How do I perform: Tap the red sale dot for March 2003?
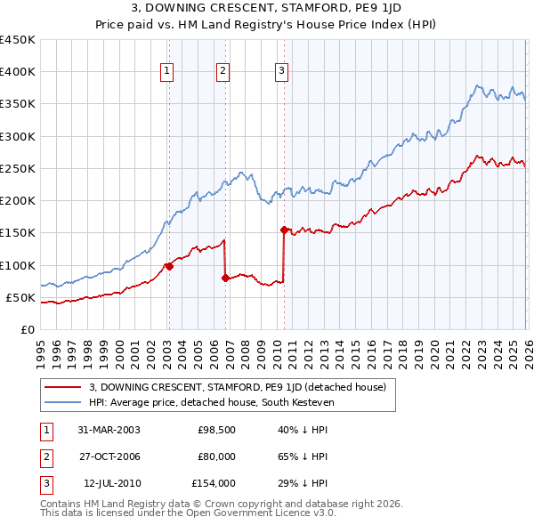tap(169, 266)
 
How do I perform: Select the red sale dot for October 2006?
tap(225, 278)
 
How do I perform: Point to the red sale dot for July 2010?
tap(284, 230)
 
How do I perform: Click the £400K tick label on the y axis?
tap(17, 72)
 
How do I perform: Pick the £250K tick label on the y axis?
tap(17, 168)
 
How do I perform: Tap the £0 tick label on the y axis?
tap(27, 329)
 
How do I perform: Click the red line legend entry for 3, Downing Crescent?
tap(237, 387)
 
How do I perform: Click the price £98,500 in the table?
tap(216, 430)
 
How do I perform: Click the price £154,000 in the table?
tap(214, 483)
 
